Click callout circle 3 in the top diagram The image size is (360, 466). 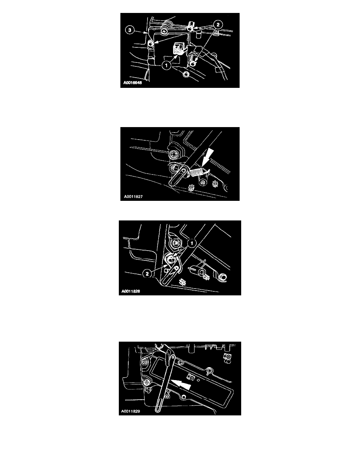pos(129,30)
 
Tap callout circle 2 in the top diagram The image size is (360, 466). pos(218,25)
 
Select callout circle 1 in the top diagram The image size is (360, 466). pos(167,66)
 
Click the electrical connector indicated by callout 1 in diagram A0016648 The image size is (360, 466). pos(179,48)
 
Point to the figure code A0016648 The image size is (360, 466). pos(133,83)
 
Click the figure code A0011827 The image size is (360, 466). pos(133,197)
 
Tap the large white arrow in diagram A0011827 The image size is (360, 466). pos(207,158)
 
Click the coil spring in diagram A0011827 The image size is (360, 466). pos(198,172)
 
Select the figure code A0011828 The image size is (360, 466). pos(131,291)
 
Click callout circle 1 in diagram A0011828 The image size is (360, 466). pos(192,244)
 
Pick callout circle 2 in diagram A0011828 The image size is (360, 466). pos(147,274)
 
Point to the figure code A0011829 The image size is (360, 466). pos(131,411)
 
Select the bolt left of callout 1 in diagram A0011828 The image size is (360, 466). pos(176,243)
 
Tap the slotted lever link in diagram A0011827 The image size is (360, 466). pos(178,176)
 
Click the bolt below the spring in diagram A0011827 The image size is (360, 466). pos(203,182)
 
